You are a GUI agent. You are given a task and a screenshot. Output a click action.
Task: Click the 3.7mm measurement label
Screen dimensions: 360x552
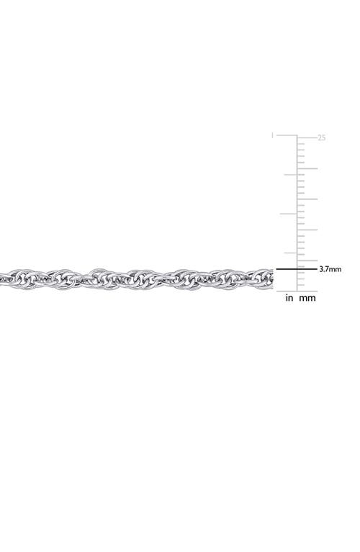(330, 269)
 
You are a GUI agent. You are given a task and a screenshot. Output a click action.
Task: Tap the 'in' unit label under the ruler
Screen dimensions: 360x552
(289, 298)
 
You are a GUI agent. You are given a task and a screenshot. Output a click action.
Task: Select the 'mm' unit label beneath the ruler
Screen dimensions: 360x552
(307, 298)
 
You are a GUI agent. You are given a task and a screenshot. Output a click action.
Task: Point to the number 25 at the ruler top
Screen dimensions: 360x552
(322, 137)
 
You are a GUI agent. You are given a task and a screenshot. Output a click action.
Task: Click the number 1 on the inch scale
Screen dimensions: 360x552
(272, 135)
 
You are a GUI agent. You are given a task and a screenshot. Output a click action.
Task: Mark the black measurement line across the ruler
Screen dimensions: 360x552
(297, 269)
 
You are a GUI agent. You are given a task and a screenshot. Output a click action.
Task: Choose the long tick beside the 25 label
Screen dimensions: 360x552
(307, 137)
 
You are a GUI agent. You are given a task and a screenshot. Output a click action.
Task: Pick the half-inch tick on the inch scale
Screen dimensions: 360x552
(289, 214)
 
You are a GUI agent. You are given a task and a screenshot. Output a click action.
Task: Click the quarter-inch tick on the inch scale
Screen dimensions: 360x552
(291, 253)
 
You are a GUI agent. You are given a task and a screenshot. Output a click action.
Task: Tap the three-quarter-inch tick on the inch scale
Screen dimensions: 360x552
(291, 175)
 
